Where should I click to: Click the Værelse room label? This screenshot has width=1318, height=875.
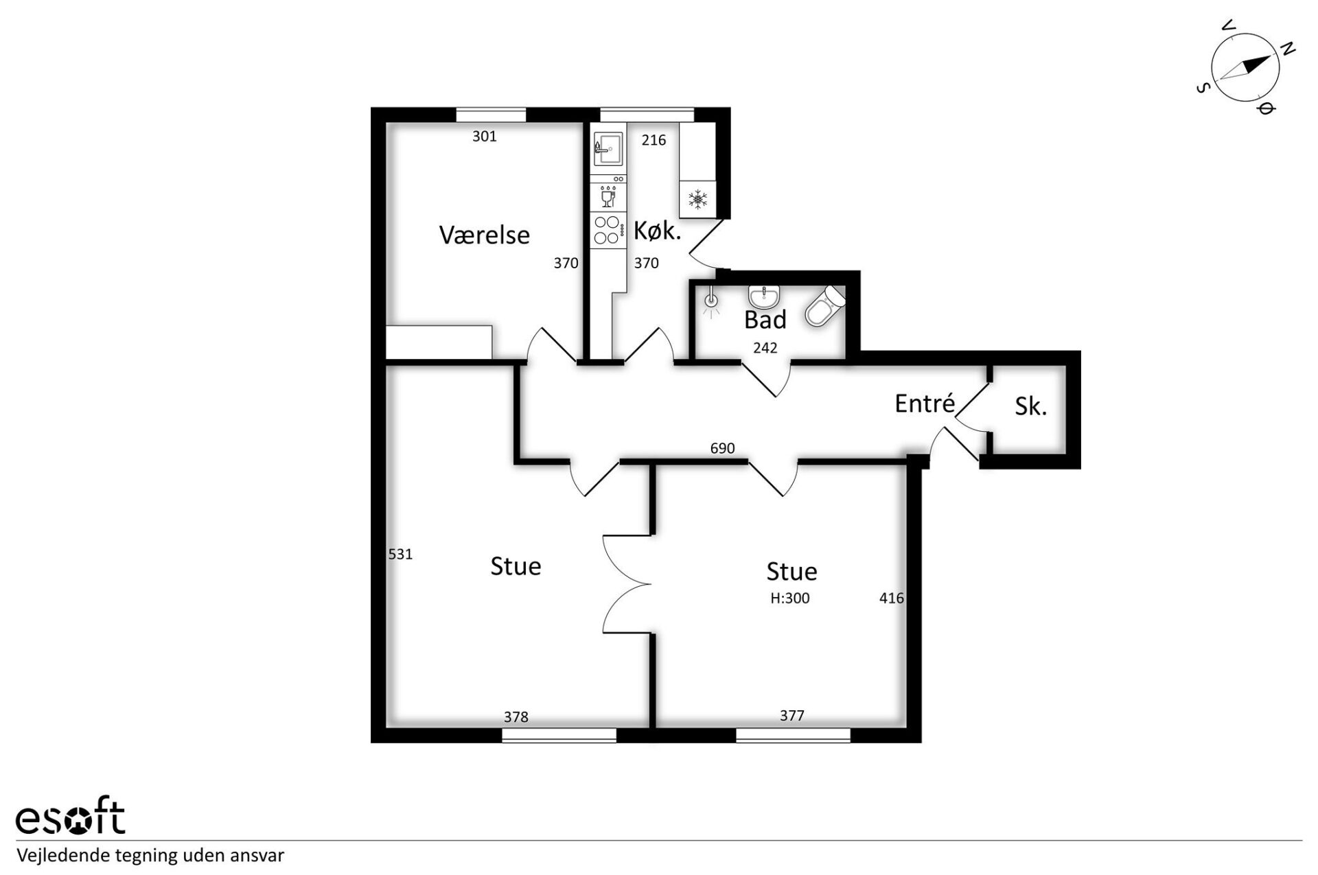click(x=484, y=235)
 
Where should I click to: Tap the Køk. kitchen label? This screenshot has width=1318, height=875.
click(x=657, y=231)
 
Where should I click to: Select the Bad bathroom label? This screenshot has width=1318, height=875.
click(x=765, y=319)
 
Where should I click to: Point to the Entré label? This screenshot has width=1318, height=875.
click(x=925, y=403)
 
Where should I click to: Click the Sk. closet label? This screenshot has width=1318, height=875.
click(x=1030, y=406)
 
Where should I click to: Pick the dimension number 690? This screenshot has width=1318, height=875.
click(x=722, y=448)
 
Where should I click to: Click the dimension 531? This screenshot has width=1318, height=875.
click(x=400, y=554)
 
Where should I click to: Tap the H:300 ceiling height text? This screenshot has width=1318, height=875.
click(x=789, y=598)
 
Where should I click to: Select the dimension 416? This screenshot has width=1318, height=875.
click(x=891, y=598)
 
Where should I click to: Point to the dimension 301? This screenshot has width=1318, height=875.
click(x=484, y=137)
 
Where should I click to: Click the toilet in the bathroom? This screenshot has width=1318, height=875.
click(x=825, y=305)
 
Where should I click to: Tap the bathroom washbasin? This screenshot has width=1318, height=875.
click(x=763, y=296)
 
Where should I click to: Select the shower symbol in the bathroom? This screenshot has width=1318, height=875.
click(x=711, y=301)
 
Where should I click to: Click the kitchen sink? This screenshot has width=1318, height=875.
click(x=608, y=148)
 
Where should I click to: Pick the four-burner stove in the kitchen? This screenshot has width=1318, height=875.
click(x=608, y=230)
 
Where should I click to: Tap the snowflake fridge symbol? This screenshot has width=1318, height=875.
click(x=697, y=200)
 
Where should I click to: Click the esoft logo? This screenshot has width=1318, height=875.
click(x=70, y=817)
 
